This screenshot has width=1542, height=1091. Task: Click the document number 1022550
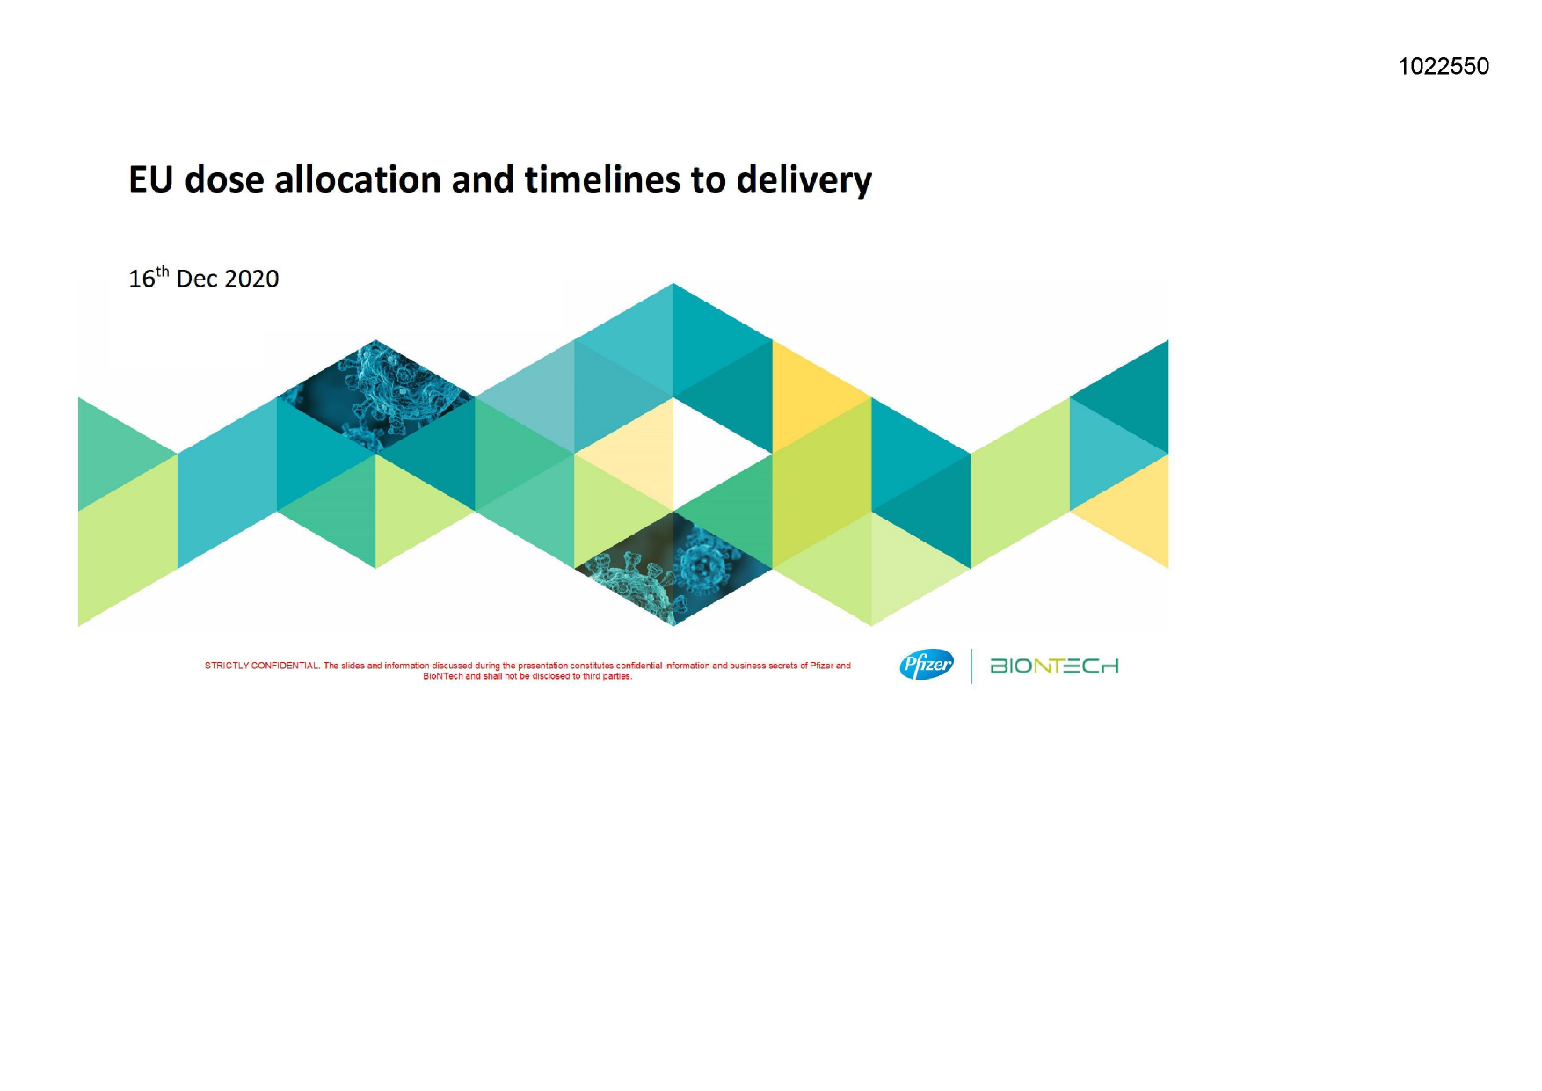(1444, 67)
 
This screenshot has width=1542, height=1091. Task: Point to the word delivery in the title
(804, 181)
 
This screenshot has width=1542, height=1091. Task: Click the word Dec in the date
(197, 279)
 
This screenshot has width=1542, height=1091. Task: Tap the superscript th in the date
(163, 272)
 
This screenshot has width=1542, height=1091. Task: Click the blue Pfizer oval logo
(926, 665)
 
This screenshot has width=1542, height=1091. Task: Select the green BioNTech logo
(1054, 666)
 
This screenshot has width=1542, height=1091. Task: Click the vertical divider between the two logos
(971, 666)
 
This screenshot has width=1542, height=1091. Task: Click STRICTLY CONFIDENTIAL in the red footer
(261, 666)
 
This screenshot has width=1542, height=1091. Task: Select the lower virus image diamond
(673, 568)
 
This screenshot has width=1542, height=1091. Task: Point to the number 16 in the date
(142, 280)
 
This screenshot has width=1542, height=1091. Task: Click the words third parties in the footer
(607, 676)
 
